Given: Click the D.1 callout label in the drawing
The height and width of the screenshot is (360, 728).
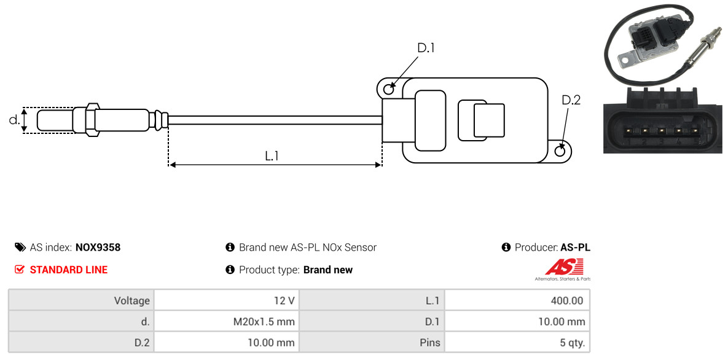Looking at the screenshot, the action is pos(426,48).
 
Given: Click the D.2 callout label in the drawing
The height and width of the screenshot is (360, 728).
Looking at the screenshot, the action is pos(571,100).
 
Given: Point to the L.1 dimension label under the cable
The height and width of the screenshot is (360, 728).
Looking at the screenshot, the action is pos(272,156).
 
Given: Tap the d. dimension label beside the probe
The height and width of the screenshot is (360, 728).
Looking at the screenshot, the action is pos(14,120).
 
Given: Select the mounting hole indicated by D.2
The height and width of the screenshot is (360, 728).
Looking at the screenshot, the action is pos(561,151).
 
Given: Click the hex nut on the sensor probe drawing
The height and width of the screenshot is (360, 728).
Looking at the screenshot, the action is pos(92,120).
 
